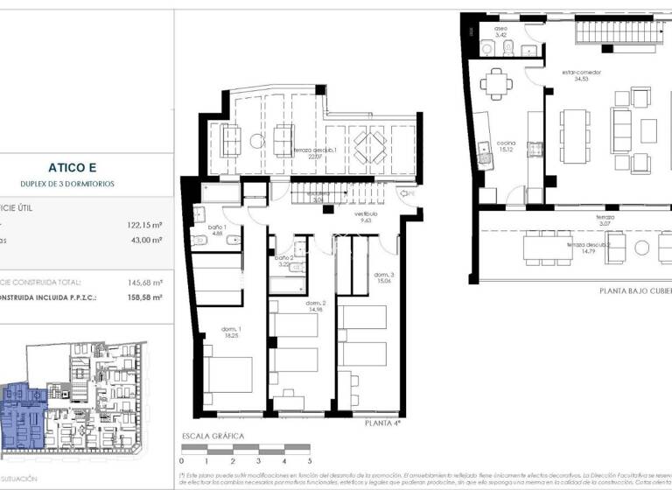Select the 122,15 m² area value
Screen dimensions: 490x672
click(x=144, y=224)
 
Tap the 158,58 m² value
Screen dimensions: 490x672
click(x=144, y=298)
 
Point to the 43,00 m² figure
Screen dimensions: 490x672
click(x=146, y=240)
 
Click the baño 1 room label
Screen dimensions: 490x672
click(x=218, y=230)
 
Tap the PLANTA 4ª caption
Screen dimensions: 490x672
click(x=382, y=423)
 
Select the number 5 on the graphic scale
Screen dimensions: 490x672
click(x=309, y=460)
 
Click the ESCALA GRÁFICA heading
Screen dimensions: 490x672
click(x=213, y=436)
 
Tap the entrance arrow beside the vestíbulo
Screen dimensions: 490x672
click(x=406, y=193)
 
